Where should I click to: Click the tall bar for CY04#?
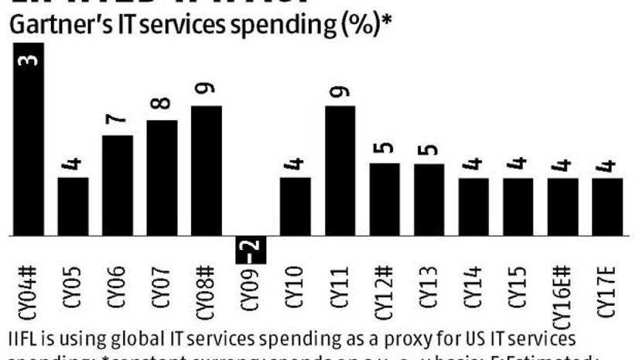29,139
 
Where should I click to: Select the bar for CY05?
73,207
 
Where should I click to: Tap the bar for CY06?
118,186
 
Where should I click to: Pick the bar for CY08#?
207,170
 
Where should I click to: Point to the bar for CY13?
429,200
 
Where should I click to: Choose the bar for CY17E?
607,207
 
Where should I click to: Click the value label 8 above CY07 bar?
162,102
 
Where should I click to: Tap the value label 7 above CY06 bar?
118,118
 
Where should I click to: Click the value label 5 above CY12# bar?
384,147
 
